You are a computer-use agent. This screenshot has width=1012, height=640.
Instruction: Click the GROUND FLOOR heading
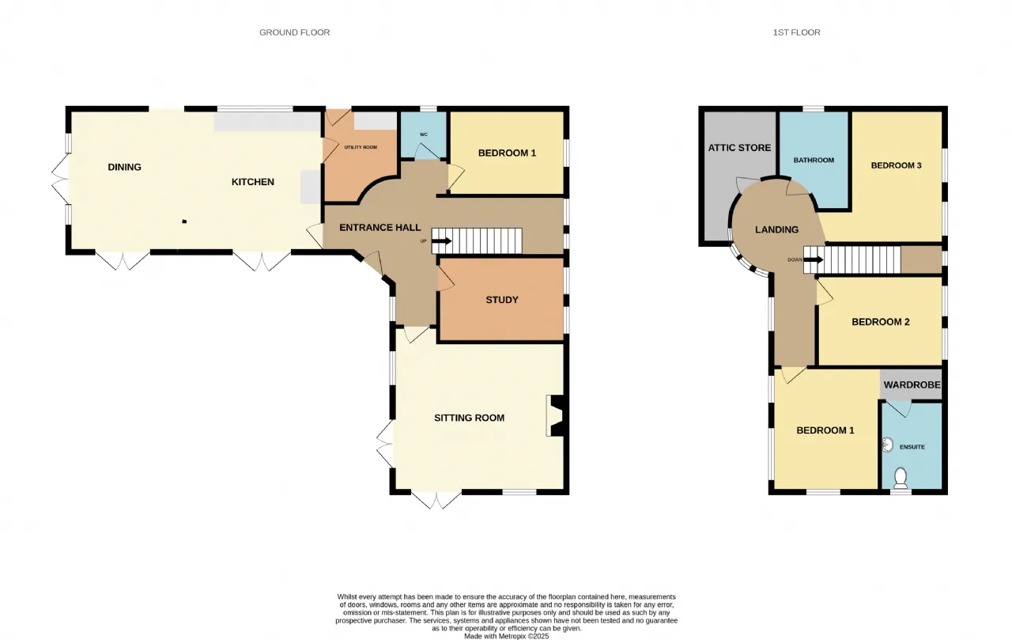295,32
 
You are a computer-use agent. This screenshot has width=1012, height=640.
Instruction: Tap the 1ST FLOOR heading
796,32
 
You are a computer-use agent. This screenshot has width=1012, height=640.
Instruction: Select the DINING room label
124,167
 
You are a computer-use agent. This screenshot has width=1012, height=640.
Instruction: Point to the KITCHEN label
252,182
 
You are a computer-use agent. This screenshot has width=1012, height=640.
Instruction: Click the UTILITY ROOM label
361,147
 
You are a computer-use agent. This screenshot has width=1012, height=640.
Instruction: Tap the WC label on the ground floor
423,134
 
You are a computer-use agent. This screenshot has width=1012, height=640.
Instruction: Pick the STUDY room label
502,300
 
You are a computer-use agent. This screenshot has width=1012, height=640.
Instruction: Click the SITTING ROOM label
470,418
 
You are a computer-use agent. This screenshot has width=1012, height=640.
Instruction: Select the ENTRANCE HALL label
380,227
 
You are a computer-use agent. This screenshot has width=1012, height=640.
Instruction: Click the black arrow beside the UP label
442,241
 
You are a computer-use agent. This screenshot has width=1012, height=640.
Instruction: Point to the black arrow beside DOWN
814,260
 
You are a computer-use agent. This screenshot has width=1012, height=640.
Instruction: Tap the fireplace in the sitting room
556,416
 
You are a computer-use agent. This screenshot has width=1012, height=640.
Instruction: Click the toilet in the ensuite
901,478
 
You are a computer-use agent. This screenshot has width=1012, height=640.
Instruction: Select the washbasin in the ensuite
887,445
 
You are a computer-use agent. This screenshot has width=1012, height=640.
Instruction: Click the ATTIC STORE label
739,148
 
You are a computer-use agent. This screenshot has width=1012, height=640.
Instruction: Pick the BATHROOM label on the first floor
814,160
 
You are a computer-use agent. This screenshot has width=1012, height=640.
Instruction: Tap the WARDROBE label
912,384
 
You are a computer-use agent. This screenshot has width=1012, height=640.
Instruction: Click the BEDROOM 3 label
897,165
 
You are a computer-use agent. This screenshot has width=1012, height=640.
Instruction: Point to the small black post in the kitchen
184,222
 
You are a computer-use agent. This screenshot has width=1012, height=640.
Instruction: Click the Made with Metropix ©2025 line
507,636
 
